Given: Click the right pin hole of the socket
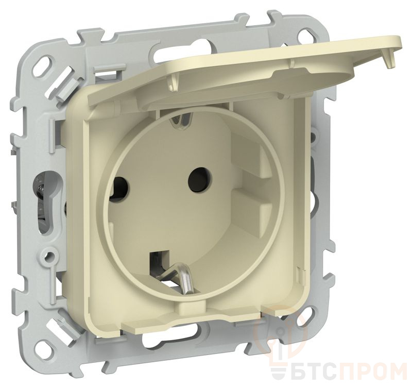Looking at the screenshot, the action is click(x=200, y=179).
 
